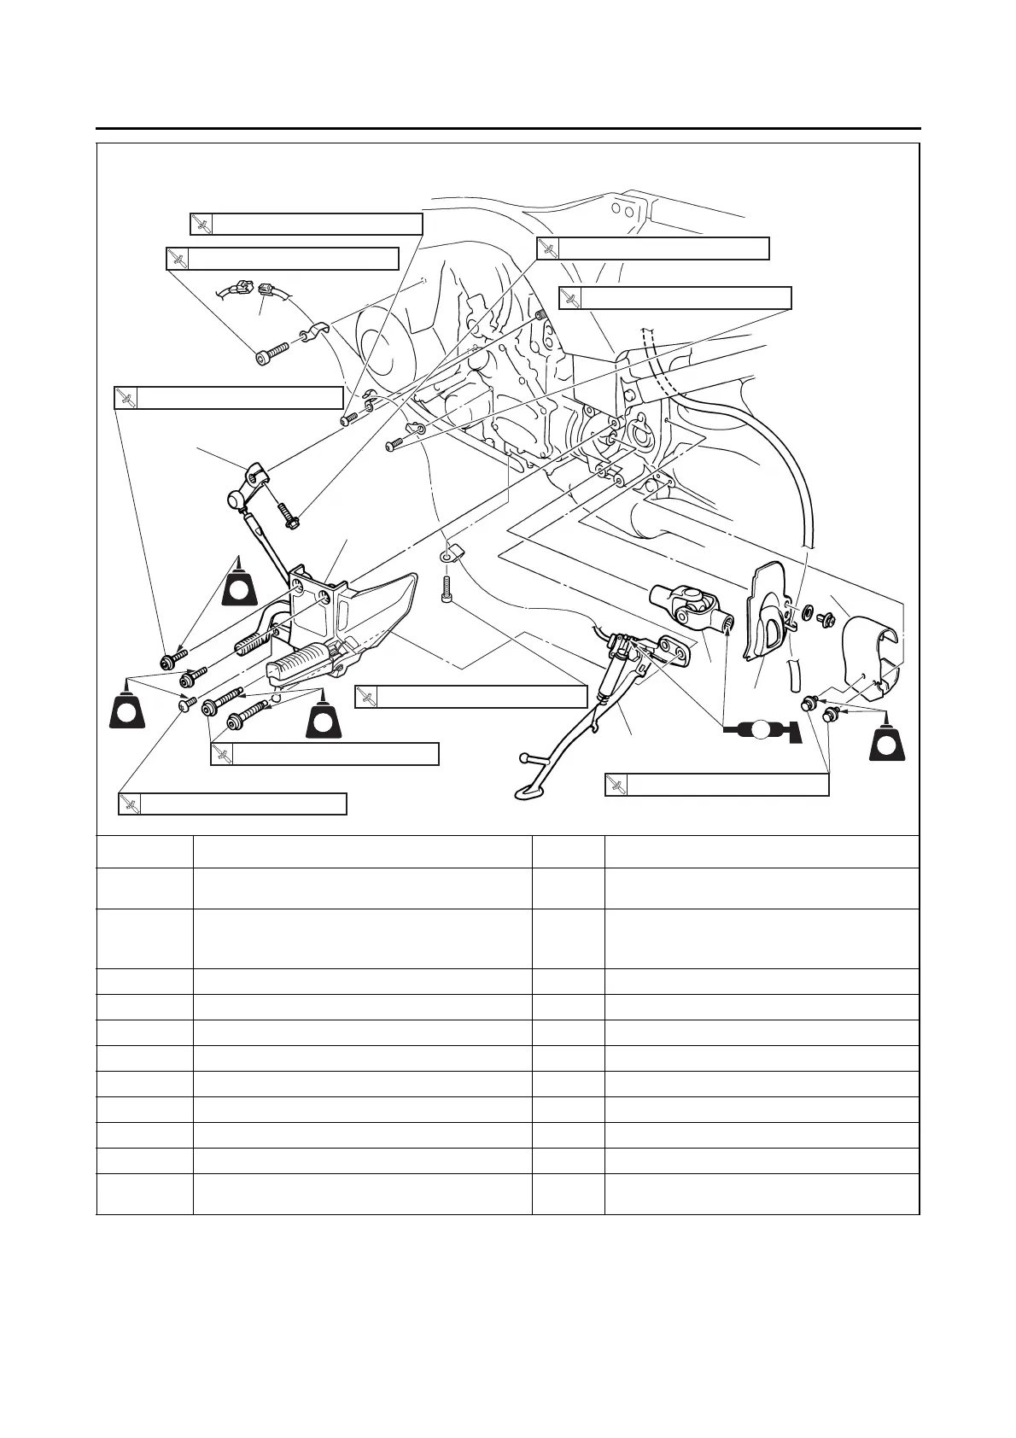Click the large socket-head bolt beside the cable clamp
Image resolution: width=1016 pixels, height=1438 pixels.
coord(273,353)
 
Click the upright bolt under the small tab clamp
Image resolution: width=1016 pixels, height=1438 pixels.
coord(447,590)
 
